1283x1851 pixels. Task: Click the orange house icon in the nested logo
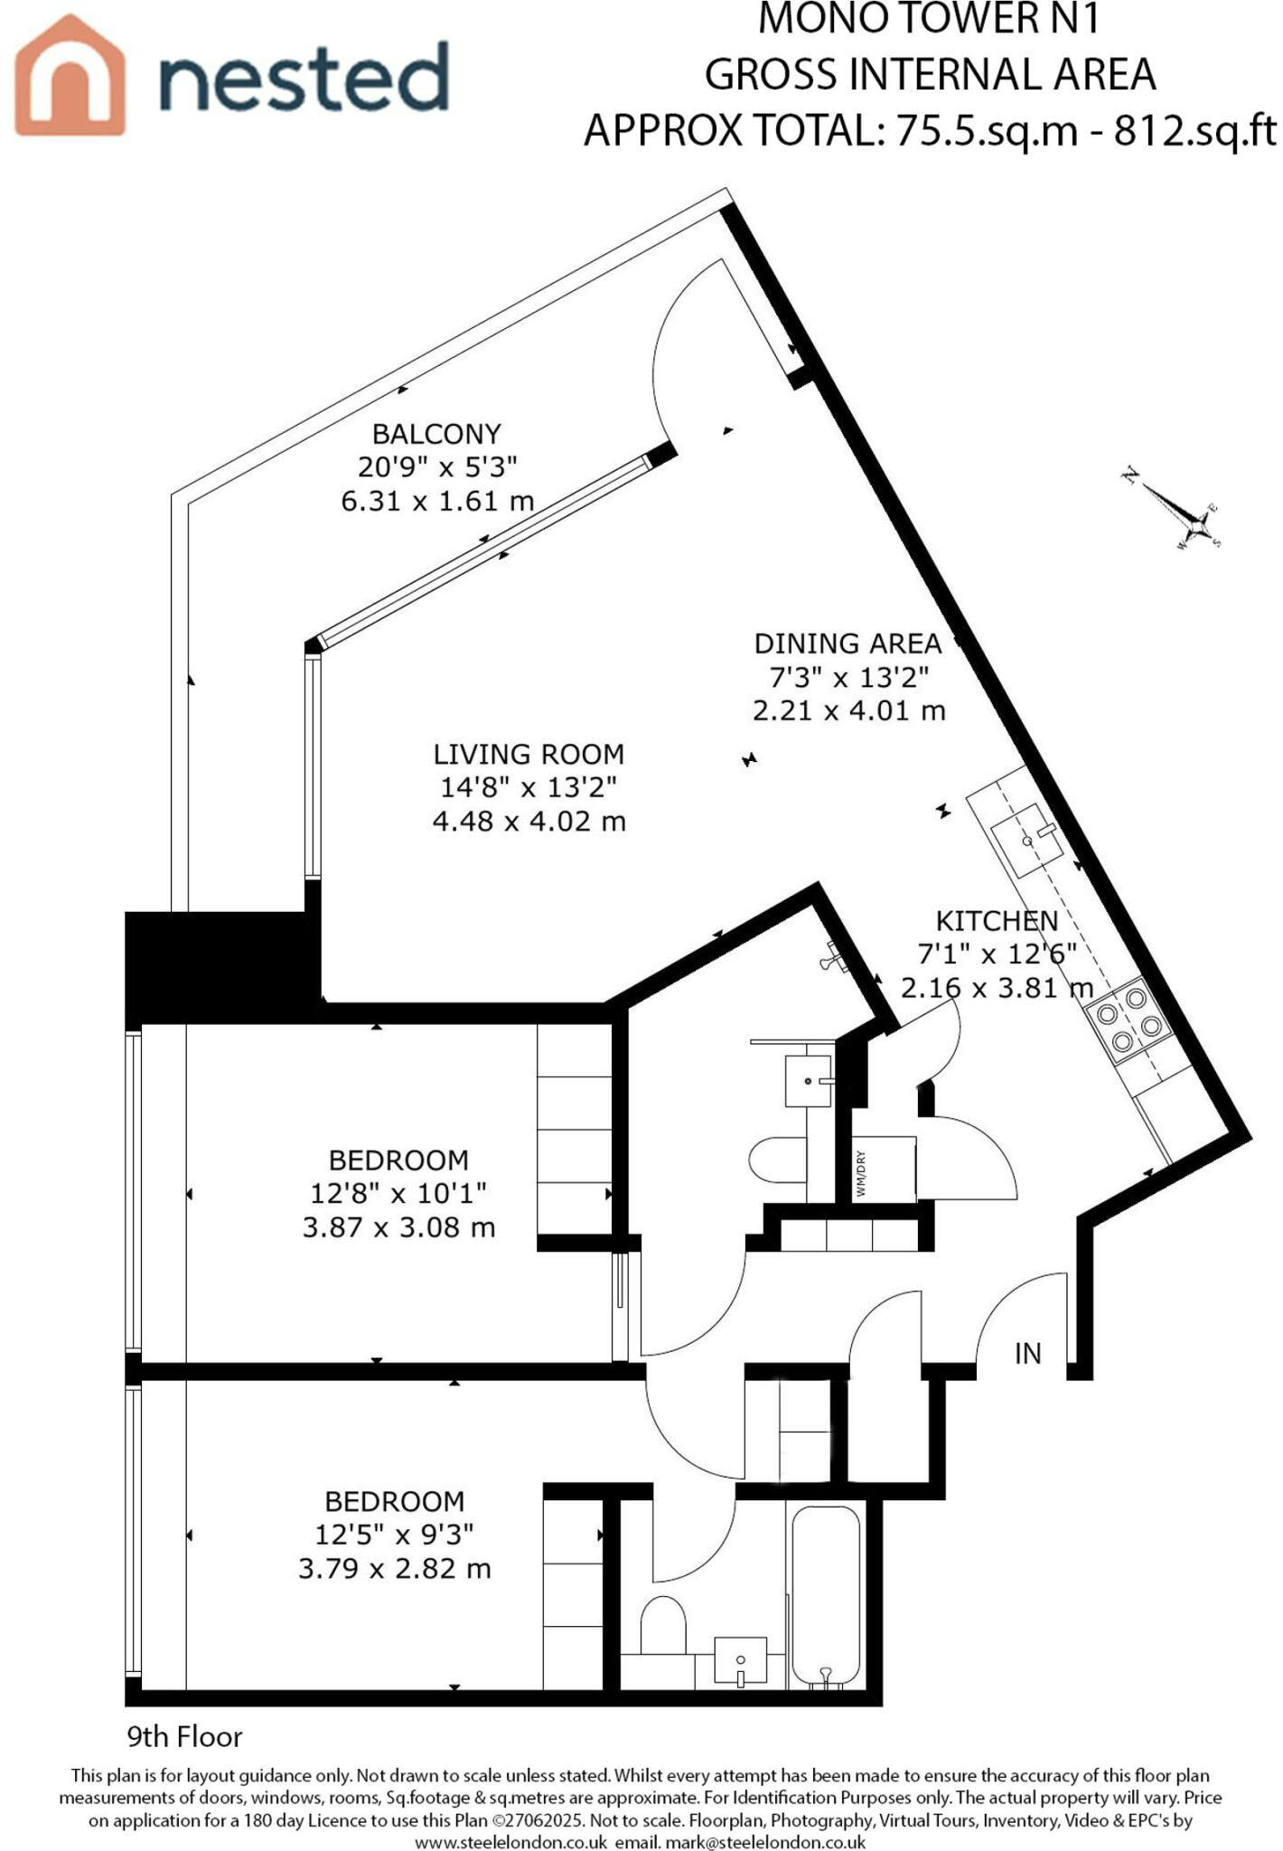pyautogui.click(x=70, y=77)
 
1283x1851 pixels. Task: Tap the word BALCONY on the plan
pyautogui.click(x=436, y=434)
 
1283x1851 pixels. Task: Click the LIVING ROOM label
pyautogui.click(x=529, y=754)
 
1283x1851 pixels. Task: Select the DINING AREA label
pyautogui.click(x=848, y=644)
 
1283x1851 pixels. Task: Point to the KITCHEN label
pyautogui.click(x=997, y=921)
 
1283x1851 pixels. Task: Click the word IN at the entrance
pyautogui.click(x=1028, y=1353)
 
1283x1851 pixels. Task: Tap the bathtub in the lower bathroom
pyautogui.click(x=826, y=1597)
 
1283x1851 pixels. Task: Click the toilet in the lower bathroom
pyautogui.click(x=664, y=1624)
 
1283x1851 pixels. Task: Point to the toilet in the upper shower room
pyautogui.click(x=779, y=1159)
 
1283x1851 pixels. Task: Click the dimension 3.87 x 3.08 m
pyautogui.click(x=398, y=1227)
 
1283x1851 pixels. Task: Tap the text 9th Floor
pyautogui.click(x=185, y=1736)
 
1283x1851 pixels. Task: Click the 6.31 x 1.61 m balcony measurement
pyautogui.click(x=437, y=500)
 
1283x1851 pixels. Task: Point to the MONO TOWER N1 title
pyautogui.click(x=930, y=19)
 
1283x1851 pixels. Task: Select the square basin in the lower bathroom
pyautogui.click(x=740, y=1661)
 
